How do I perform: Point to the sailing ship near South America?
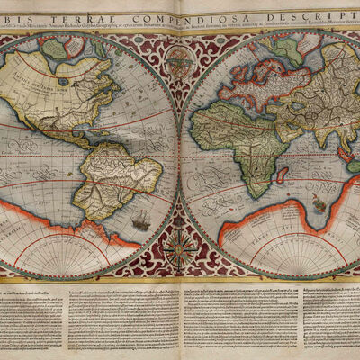click(x=140, y=219)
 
